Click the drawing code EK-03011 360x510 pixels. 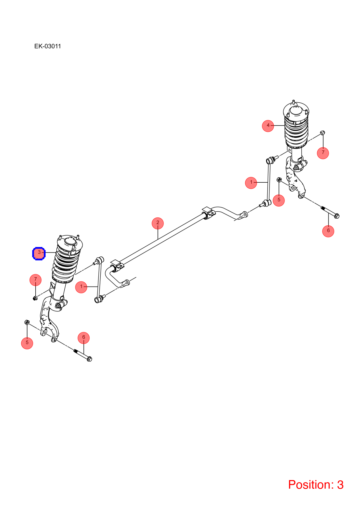pos(47,46)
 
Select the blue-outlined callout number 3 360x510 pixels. pos(39,253)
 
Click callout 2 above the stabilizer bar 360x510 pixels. pos(158,223)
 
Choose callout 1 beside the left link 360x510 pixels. pos(81,287)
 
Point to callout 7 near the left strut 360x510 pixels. pos(35,280)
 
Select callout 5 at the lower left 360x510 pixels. pos(27,343)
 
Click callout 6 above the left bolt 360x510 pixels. pos(83,338)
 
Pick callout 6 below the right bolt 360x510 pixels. pos(328,231)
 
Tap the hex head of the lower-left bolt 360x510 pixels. pos(90,359)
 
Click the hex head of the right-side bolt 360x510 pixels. pos(337,215)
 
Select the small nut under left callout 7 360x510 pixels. pos(35,298)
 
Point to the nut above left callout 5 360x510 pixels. pos(27,322)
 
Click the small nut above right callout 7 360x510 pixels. pos(322,133)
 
